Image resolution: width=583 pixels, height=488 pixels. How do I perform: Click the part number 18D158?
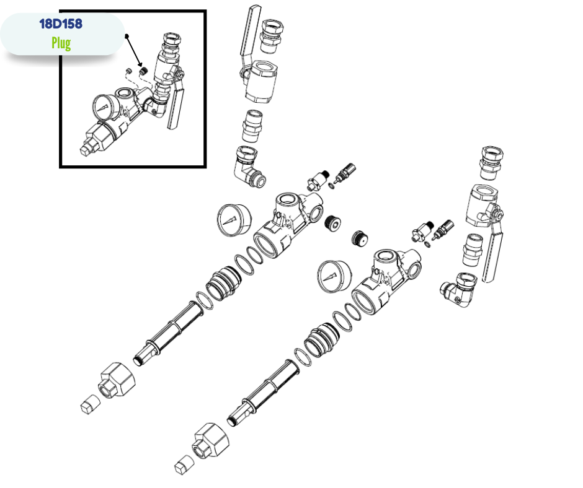point(61,24)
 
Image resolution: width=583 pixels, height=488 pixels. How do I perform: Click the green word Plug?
point(61,43)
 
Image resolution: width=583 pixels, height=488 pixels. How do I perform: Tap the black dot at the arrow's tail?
point(127,36)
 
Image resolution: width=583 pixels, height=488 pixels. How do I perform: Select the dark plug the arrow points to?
point(143,70)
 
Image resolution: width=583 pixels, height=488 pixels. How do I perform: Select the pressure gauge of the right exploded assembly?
point(334,276)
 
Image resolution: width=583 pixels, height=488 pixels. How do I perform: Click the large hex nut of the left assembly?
point(117,381)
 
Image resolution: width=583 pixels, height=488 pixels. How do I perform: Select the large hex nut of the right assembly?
point(210,441)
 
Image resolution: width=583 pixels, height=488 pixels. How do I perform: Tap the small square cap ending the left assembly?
point(90,404)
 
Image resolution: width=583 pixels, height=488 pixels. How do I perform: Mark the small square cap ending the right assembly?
point(184,464)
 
